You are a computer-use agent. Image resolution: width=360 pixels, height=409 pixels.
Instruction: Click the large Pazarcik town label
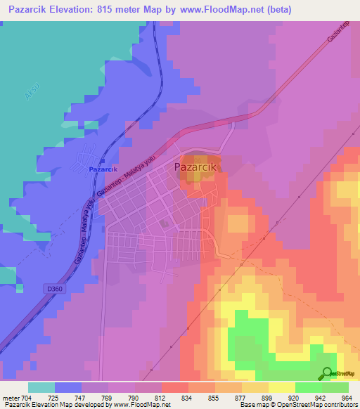coord(197,167)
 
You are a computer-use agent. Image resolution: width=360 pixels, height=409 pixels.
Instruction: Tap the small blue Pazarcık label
coord(103,170)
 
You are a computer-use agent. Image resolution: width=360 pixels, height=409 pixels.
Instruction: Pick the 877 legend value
coord(238,398)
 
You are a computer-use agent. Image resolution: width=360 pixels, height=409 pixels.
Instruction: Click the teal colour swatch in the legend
coord(41,387)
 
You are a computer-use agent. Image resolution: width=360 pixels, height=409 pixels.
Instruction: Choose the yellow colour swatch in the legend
coord(282,387)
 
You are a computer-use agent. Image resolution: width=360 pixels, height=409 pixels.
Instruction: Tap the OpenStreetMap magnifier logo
coord(328,373)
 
